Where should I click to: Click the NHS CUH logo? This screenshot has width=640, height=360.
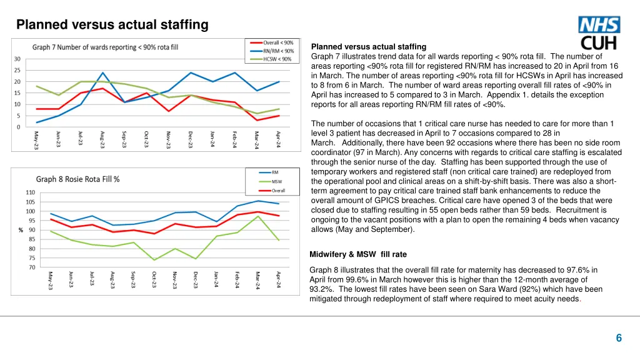(600, 34)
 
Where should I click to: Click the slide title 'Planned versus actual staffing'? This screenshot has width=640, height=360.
(112, 25)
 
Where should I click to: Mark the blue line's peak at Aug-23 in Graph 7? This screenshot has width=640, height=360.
(103, 72)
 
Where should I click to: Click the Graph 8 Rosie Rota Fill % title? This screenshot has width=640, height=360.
(78, 179)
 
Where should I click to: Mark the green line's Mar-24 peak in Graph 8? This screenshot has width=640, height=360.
(258, 216)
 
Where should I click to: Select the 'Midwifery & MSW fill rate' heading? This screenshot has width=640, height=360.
(358, 254)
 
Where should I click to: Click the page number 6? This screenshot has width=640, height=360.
(619, 338)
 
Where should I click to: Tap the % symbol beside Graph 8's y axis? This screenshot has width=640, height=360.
(21, 229)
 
